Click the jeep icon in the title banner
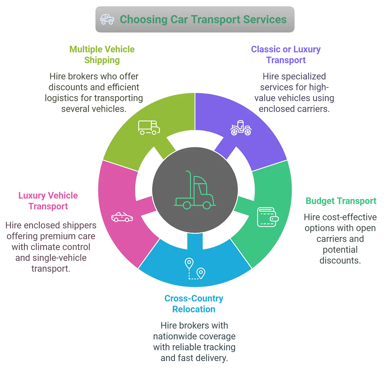107,19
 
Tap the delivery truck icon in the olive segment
149,127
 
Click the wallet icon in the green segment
268,217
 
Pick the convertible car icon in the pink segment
122,217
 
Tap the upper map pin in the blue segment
189,263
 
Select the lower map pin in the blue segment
201,273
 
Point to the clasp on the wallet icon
275,219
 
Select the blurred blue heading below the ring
194,303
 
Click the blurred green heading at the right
340,201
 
